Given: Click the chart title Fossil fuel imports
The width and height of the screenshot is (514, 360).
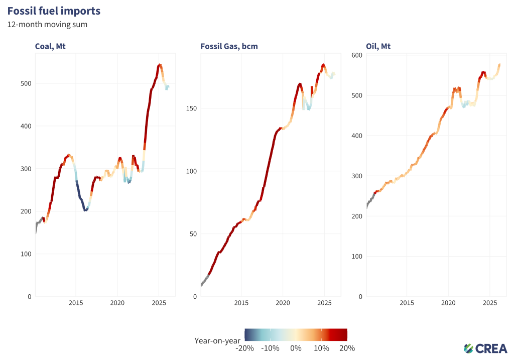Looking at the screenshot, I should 54,11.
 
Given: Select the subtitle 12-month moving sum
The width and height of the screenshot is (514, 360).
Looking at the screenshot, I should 47,24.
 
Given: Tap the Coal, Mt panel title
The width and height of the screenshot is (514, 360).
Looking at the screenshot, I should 50,47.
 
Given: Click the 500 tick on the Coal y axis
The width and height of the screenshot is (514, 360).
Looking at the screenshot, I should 23,83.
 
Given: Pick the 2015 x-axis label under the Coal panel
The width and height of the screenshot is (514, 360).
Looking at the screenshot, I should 76,303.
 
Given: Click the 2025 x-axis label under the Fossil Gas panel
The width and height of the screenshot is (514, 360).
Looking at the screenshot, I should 324,303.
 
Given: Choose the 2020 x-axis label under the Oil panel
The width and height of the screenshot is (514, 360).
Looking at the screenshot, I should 448,303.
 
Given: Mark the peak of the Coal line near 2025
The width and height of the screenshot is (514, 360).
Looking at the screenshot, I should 159,65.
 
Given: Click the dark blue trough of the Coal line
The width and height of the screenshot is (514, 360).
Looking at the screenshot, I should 85,209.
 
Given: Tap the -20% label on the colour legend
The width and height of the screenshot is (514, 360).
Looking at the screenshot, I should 245,348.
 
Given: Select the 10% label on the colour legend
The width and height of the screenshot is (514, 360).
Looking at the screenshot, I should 321,348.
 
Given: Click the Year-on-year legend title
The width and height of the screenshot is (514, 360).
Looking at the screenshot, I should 217,340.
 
